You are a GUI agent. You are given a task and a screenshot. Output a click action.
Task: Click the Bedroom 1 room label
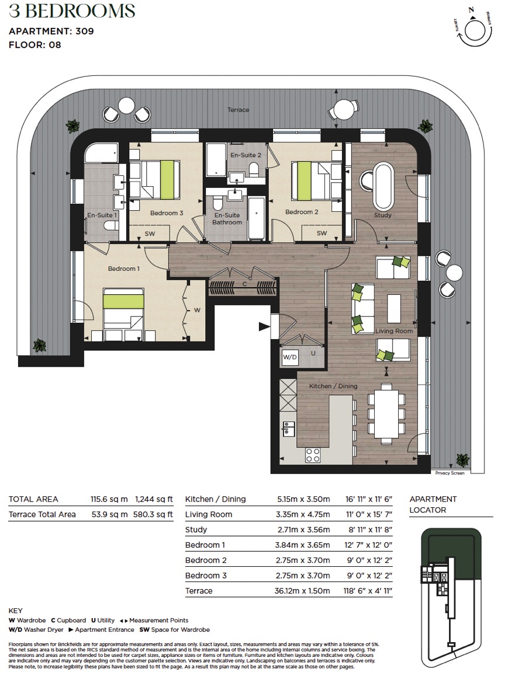pos(124,269)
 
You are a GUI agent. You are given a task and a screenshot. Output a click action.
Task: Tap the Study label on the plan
pos(383,215)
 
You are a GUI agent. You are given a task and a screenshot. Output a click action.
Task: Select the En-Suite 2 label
pos(246,155)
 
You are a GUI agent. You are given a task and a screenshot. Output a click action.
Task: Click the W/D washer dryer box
pos(289,357)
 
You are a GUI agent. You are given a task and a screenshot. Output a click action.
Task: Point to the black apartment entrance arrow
pos(264,327)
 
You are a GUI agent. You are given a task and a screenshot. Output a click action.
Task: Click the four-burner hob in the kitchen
pos(313,455)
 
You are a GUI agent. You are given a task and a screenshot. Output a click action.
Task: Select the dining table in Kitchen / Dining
pos(386,414)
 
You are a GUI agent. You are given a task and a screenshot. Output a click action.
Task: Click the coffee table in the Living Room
pos(394,308)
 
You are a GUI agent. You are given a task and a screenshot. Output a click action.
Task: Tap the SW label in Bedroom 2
pos(322,234)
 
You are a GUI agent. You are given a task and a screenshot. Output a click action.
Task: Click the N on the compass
pos(471,9)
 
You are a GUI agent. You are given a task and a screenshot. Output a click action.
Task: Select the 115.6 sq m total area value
pos(109,499)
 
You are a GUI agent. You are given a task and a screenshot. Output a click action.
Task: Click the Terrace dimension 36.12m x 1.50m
pos(302,591)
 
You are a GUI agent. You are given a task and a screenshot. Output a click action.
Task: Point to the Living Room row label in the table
pos(209,514)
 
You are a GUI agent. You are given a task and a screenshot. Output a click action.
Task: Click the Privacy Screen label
pos(450,473)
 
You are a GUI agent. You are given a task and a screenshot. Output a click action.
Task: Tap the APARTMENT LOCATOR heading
pos(433,504)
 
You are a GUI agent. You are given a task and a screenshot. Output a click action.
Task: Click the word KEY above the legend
pos(16,611)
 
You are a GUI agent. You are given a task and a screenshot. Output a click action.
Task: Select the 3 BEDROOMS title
pos(72,11)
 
